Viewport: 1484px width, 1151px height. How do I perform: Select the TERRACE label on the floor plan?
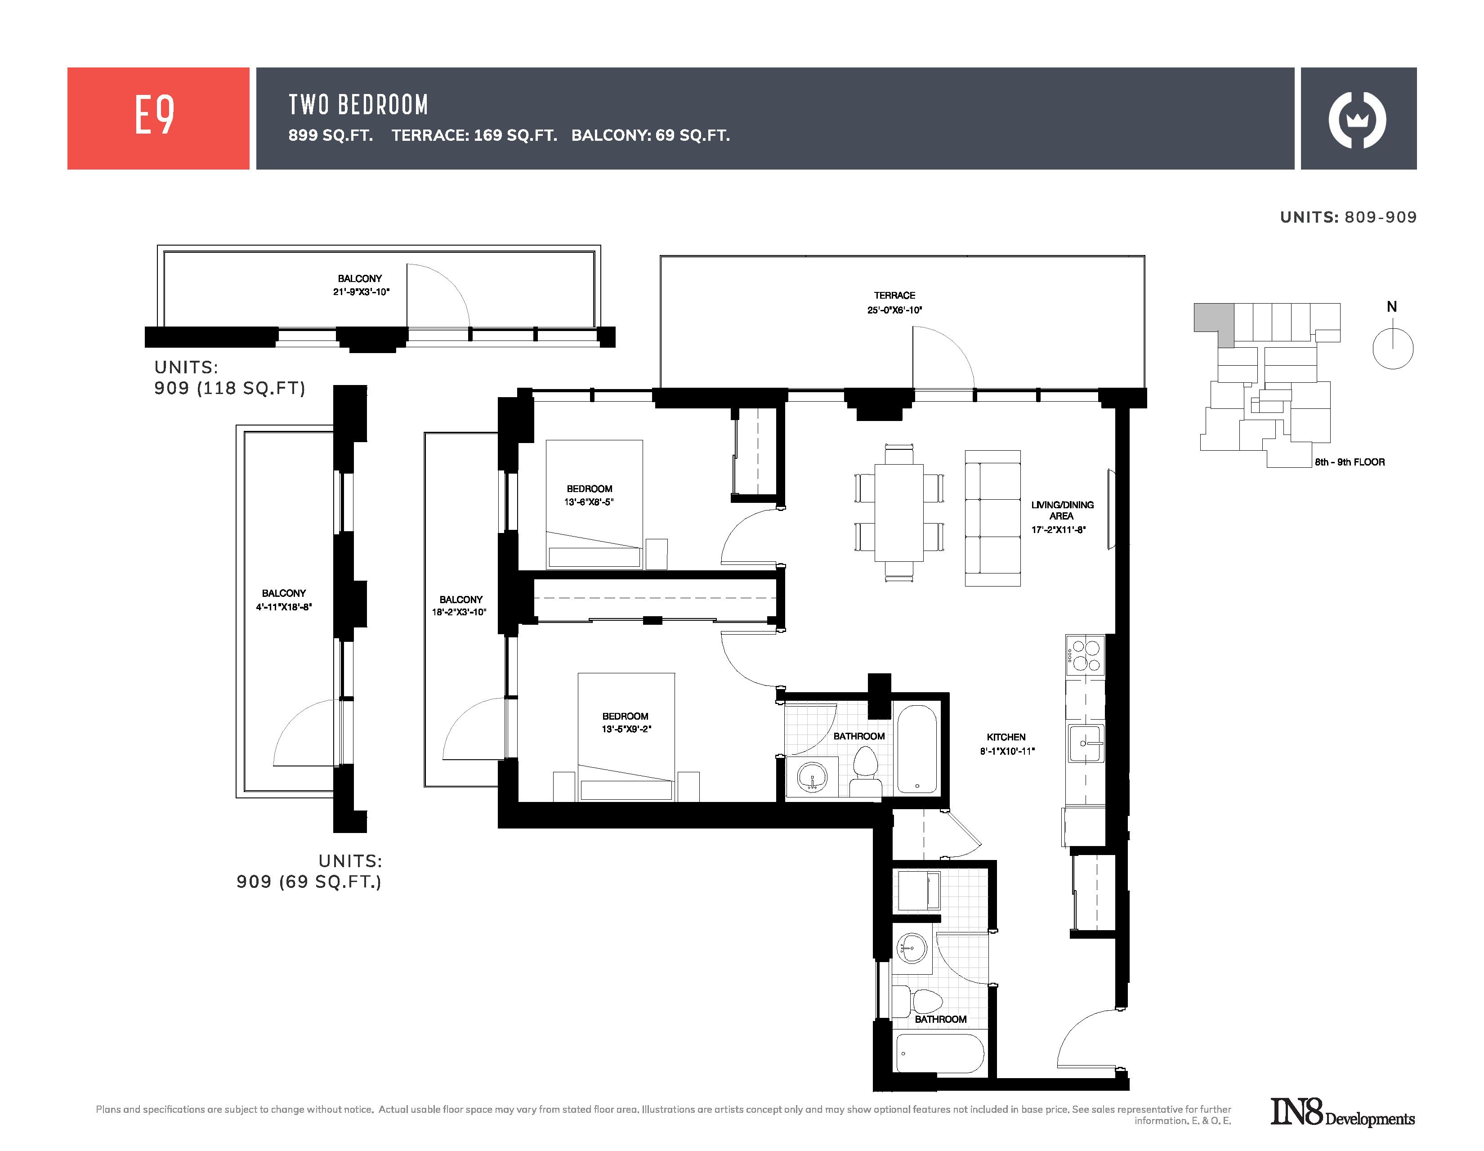894,296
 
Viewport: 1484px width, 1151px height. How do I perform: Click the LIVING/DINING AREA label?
1062,510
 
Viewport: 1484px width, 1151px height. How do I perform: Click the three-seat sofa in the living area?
993,518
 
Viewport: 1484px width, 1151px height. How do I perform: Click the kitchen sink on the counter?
1086,743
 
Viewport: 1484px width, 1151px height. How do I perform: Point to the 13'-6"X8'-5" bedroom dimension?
589,502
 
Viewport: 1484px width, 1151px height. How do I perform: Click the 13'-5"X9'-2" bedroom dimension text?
626,729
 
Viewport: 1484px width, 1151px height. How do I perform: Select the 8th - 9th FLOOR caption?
1350,462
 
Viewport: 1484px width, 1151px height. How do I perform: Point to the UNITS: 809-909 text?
1348,217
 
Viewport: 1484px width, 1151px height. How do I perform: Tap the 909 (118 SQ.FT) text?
230,388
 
